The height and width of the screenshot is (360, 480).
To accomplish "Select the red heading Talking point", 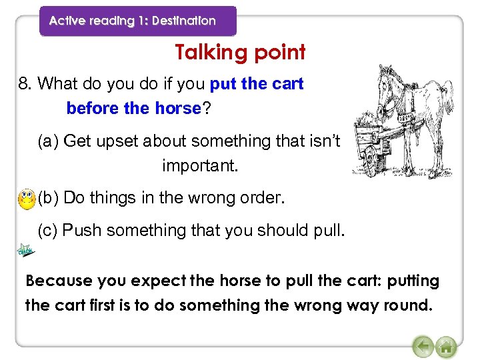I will (x=240, y=52).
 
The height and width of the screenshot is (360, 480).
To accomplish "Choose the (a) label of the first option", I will (x=49, y=141).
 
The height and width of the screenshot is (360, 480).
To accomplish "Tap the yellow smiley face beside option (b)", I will (x=27, y=198).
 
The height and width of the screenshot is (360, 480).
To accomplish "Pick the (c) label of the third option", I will (x=48, y=231).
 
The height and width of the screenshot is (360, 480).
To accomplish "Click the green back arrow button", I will (x=423, y=347).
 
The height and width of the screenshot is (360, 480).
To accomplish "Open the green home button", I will (x=446, y=347).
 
